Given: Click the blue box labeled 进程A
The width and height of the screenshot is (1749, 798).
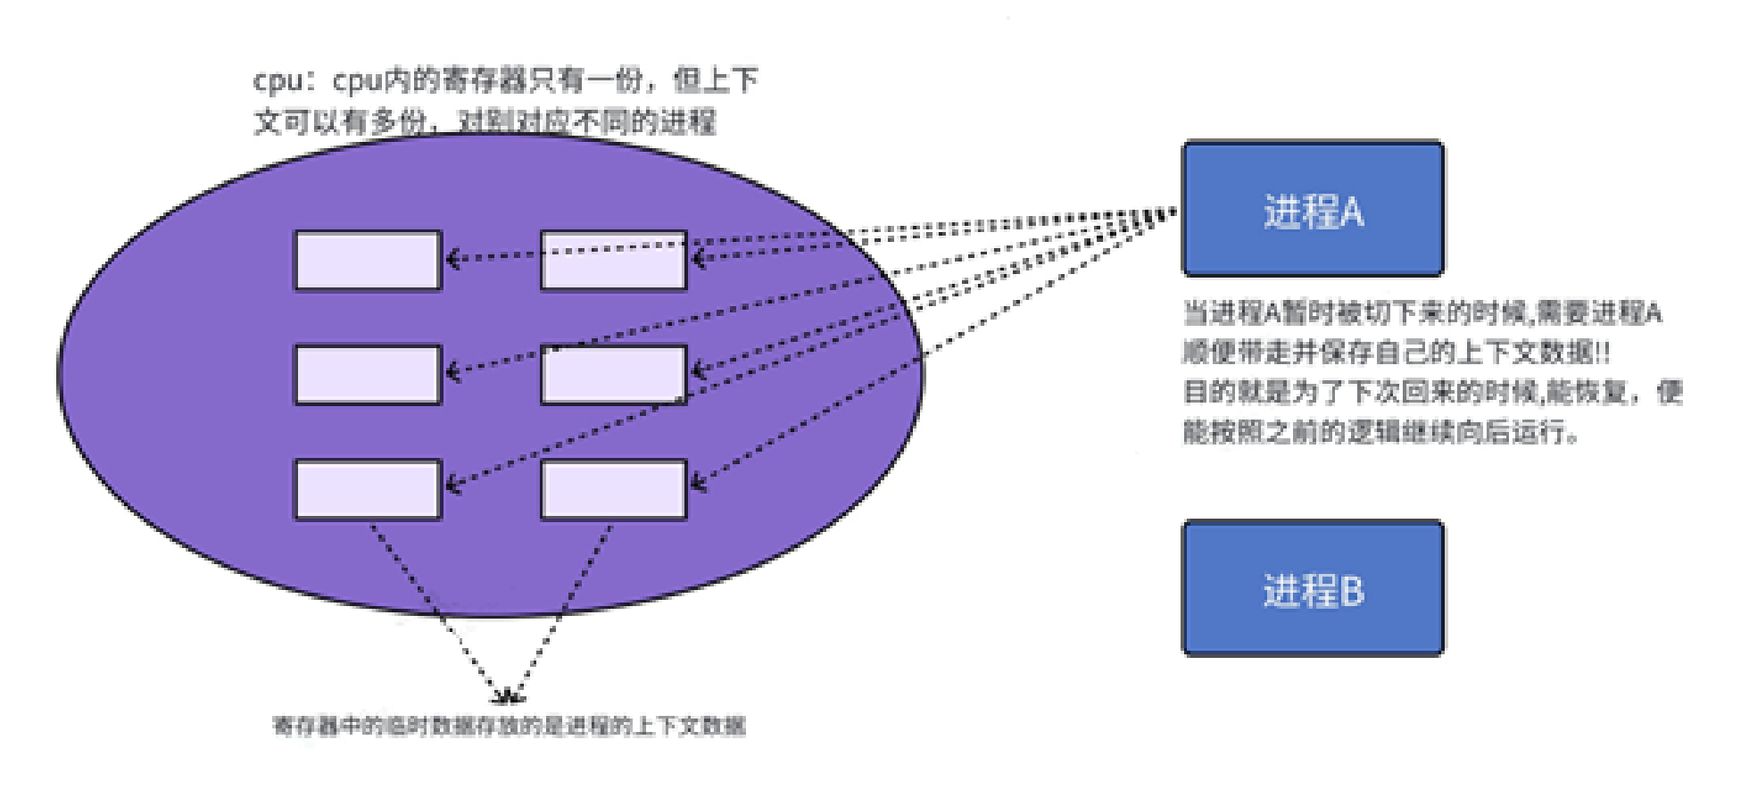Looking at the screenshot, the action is [x=1313, y=209].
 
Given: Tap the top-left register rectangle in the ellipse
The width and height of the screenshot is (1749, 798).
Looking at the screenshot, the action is [x=368, y=261].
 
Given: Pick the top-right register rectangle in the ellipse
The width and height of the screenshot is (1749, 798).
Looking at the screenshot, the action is [x=614, y=261].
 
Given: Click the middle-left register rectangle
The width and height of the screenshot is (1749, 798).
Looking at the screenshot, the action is [x=368, y=375].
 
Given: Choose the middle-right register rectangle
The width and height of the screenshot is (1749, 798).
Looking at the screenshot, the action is [x=614, y=375].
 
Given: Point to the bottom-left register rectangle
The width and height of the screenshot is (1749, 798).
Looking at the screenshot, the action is [x=368, y=489].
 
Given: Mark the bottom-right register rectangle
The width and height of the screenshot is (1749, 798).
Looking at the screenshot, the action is [x=614, y=489].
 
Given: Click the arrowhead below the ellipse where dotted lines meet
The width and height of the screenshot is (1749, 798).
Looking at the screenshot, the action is [x=509, y=696].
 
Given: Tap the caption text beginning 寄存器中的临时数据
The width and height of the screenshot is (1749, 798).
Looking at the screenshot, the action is [x=509, y=726].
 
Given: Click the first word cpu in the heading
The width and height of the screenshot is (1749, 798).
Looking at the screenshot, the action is [x=277, y=81].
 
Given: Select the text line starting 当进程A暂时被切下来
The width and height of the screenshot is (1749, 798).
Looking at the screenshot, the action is [x=1422, y=313].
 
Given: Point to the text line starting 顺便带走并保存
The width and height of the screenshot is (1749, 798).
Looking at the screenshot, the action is [x=1397, y=353].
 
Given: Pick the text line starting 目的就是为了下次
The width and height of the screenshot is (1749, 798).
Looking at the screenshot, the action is [x=1432, y=392].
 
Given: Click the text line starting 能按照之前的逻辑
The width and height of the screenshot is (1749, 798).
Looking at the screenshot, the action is [x=1380, y=432].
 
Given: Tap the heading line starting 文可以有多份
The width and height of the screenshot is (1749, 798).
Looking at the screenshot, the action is [x=485, y=121].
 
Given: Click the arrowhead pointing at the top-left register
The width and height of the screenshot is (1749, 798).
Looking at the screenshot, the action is [x=452, y=259].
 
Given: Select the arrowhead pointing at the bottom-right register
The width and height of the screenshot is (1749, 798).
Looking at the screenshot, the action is [x=699, y=484].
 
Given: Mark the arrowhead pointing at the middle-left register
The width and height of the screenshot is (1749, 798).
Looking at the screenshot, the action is [x=452, y=371].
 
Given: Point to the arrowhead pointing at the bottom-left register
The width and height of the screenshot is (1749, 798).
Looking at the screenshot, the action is [x=452, y=486].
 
